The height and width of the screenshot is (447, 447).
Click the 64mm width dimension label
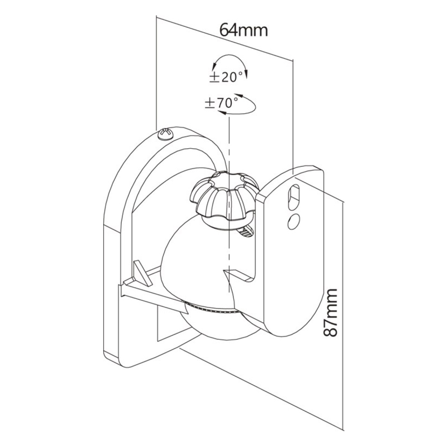point(244,30)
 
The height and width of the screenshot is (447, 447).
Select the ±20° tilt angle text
point(227,77)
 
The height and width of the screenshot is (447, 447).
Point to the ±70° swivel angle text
point(222,103)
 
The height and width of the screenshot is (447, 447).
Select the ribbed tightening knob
point(224,196)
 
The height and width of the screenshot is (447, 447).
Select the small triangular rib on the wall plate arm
point(140,271)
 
